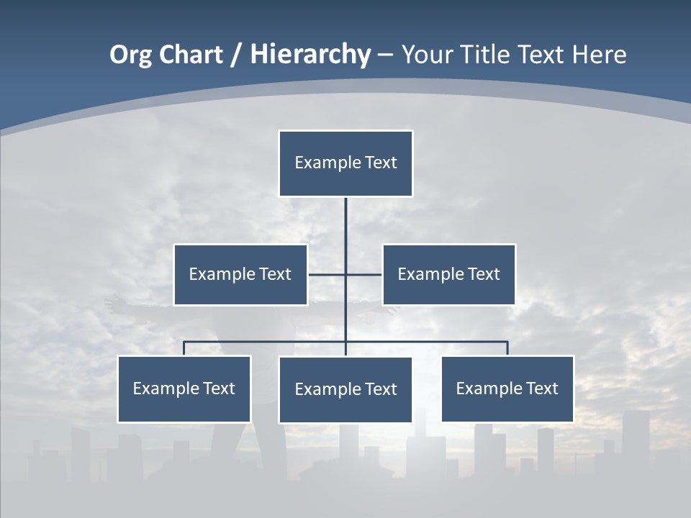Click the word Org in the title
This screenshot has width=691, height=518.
tap(131, 55)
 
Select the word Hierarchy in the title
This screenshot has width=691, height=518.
tap(310, 55)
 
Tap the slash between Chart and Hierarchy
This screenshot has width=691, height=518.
tap(236, 55)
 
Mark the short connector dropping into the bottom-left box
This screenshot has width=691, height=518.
tap(184, 348)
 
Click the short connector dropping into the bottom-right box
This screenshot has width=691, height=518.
tap(507, 348)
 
